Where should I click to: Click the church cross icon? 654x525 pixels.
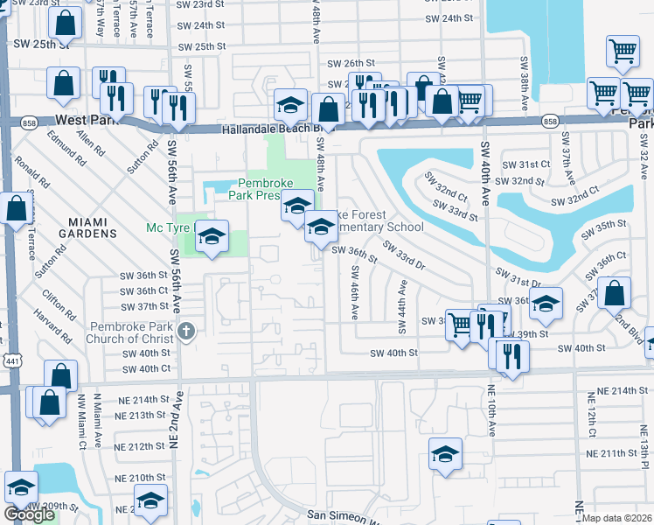click(x=184, y=331)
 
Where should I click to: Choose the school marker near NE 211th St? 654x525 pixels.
click(x=446, y=454)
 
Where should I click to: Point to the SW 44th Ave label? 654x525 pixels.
click(x=403, y=307)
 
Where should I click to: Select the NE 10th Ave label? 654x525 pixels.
click(x=492, y=411)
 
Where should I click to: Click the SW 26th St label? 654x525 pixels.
click(x=351, y=63)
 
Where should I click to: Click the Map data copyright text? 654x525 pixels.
click(x=617, y=518)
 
